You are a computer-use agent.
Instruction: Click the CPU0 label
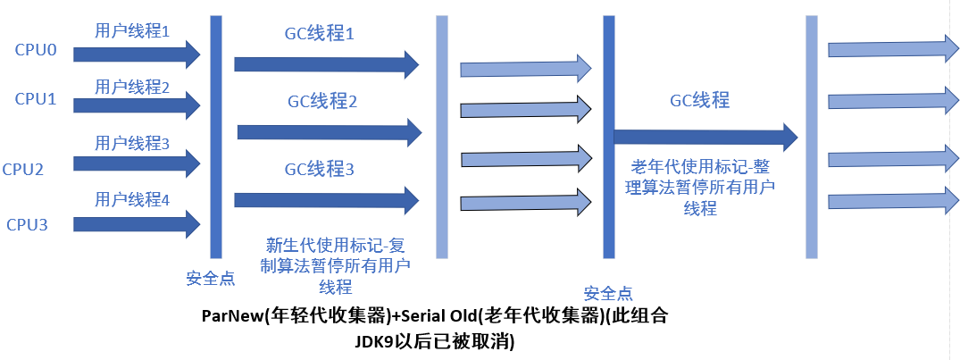tap(36, 51)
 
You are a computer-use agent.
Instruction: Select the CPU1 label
tap(36, 99)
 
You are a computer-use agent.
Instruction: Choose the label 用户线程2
tap(132, 88)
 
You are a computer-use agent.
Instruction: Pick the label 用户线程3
tap(132, 143)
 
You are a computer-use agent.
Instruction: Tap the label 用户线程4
tap(132, 199)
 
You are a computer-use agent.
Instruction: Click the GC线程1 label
tap(320, 35)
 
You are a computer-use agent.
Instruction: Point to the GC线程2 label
tap(321, 102)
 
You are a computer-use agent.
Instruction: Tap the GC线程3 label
tap(320, 168)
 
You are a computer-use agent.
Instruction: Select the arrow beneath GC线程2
tap(328, 132)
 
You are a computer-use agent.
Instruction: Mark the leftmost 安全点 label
tap(211, 278)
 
